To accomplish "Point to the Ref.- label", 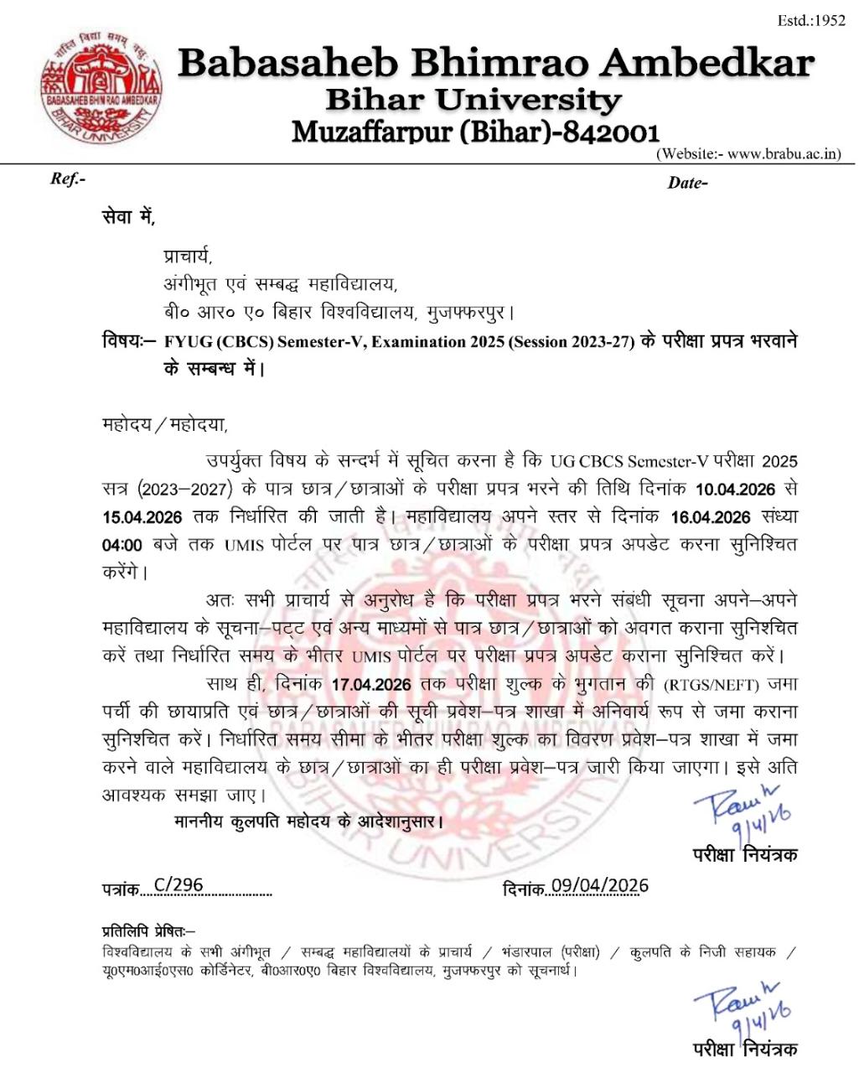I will [x=68, y=179].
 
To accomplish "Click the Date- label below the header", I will [x=687, y=183].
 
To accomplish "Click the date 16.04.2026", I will [x=708, y=516].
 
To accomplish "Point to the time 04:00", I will [x=122, y=545].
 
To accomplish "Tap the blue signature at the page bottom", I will [x=742, y=1006].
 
